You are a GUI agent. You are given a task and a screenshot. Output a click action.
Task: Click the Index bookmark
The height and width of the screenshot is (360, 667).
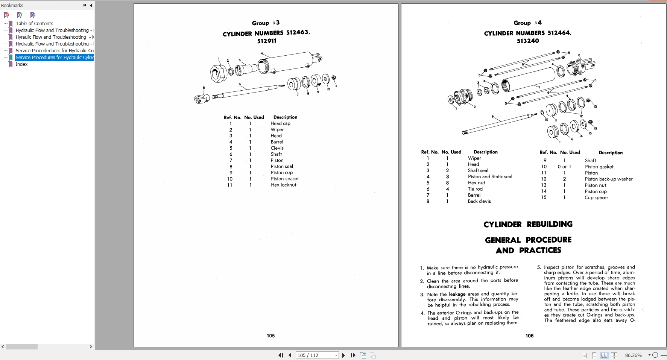click(21, 64)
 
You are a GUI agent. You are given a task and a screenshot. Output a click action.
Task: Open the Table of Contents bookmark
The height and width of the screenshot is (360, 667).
click(34, 23)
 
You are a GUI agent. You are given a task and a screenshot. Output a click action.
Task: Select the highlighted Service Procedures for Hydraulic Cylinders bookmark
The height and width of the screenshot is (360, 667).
click(54, 58)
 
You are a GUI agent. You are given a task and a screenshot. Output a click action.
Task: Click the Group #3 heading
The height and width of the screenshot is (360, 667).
click(266, 23)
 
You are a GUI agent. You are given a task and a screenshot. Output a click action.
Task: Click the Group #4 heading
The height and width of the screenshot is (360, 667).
click(527, 23)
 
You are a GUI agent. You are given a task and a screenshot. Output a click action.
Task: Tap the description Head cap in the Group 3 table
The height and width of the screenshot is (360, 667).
click(280, 123)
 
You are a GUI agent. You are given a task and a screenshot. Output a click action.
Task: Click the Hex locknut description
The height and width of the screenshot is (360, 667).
click(283, 185)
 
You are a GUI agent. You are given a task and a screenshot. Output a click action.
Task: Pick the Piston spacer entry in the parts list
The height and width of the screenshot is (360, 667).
click(284, 179)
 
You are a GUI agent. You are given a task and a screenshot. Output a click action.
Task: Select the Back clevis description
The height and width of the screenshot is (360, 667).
click(479, 201)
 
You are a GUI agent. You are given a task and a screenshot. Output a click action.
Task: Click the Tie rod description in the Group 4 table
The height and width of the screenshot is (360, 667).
click(475, 189)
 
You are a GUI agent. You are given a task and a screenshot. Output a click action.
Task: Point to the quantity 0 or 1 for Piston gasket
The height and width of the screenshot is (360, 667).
click(564, 167)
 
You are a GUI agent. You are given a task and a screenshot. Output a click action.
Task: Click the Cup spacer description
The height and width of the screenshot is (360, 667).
click(596, 197)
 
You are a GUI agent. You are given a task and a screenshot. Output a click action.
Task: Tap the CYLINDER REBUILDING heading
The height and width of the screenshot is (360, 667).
click(528, 224)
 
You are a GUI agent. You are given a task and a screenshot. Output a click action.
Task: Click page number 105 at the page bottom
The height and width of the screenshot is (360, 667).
click(270, 336)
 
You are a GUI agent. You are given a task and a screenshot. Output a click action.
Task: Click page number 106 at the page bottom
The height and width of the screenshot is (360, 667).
click(529, 336)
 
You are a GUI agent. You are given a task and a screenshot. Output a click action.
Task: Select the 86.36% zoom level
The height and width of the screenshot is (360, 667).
click(633, 355)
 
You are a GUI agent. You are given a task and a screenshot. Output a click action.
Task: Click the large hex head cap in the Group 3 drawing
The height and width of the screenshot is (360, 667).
click(217, 73)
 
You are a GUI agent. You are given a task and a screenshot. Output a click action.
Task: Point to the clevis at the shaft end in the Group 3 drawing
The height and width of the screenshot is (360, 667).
click(201, 99)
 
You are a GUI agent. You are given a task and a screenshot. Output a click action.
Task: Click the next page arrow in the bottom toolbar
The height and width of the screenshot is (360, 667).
click(343, 355)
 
